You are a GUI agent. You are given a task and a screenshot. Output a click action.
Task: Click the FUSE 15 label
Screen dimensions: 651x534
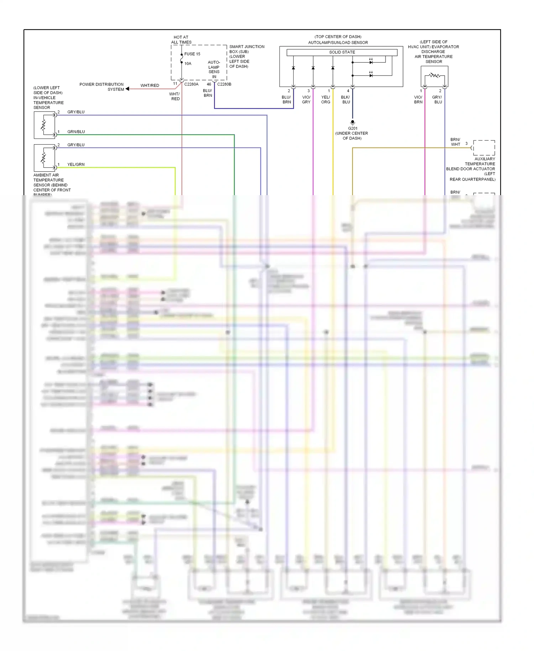point(192,54)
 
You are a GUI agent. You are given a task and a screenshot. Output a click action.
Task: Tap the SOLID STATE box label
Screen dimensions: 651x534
point(342,52)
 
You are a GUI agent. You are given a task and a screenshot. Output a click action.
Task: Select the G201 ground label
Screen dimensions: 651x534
point(352,128)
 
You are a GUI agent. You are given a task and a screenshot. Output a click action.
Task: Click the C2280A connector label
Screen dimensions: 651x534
point(191,84)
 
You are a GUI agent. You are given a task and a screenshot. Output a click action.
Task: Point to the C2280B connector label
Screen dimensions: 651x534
point(224,84)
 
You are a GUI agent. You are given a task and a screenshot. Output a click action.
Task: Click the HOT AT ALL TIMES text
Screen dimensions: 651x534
point(181,40)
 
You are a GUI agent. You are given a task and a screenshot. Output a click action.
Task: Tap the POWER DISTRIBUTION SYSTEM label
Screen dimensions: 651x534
point(102,87)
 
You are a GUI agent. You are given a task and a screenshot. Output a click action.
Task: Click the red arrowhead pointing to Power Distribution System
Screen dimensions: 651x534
point(127,89)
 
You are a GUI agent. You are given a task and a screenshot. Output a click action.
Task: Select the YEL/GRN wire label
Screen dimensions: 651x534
point(76,165)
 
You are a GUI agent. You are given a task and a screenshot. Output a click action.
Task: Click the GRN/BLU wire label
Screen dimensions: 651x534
point(76,132)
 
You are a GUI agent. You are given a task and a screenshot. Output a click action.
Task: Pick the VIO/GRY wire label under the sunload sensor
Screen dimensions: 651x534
point(306,99)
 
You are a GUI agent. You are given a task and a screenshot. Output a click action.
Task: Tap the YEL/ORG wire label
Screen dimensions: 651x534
point(326,99)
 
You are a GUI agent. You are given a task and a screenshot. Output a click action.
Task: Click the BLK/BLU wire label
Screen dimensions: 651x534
point(346,99)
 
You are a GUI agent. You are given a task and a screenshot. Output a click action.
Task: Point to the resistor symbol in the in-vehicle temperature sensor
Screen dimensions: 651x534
point(44,125)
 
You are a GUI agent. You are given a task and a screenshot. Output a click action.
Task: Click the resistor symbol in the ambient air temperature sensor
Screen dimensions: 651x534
point(44,157)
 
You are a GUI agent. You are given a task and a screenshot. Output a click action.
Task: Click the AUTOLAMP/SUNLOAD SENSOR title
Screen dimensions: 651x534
point(338,43)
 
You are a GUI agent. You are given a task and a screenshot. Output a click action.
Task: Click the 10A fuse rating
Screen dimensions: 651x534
point(188,64)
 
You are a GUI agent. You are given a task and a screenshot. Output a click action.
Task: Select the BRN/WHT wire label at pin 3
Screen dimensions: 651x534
point(455,142)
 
